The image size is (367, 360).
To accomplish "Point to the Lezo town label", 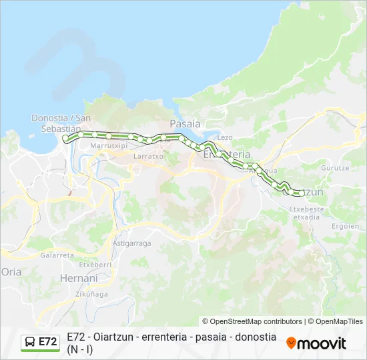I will tap(225, 137).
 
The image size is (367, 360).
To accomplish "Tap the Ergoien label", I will tap(345, 226).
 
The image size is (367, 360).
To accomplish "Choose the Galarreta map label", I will tap(57, 255).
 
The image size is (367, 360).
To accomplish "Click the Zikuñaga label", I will tap(91, 293).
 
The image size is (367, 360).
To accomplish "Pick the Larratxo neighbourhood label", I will tap(148, 156).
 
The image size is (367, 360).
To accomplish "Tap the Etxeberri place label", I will tap(95, 265).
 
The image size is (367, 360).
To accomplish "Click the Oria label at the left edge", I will tap(12, 272).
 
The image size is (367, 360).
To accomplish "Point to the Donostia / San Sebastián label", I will tap(61, 123).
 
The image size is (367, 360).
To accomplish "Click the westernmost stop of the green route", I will tap(65, 138).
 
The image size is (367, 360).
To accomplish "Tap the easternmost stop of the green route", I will tap(301, 193).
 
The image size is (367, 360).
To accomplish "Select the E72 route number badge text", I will tap(47, 342).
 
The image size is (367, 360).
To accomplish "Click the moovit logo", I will tap(316, 343).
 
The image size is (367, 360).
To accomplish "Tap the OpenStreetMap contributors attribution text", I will tap(252, 321).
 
